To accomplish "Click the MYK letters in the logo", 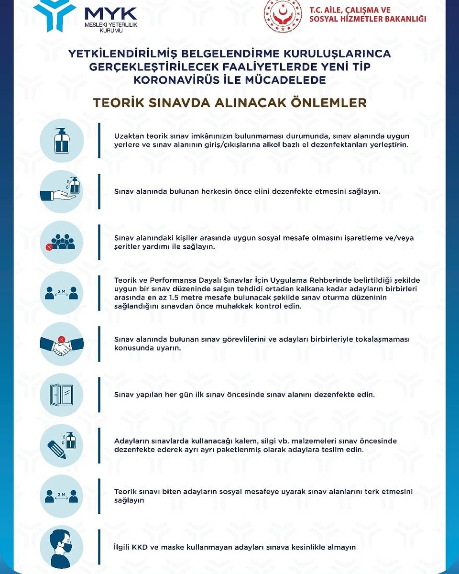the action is pyautogui.click(x=111, y=13).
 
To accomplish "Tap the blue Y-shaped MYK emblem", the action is pyautogui.click(x=55, y=15).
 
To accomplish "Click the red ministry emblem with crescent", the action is pyautogui.click(x=283, y=15).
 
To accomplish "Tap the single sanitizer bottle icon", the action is pyautogui.click(x=62, y=141).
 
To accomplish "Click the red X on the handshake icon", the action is pyautogui.click(x=62, y=340).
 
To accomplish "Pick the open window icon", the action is pyautogui.click(x=62, y=395).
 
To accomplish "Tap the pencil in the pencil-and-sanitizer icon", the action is pyautogui.click(x=57, y=450).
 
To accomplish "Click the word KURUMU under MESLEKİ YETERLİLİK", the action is pyautogui.click(x=111, y=31).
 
